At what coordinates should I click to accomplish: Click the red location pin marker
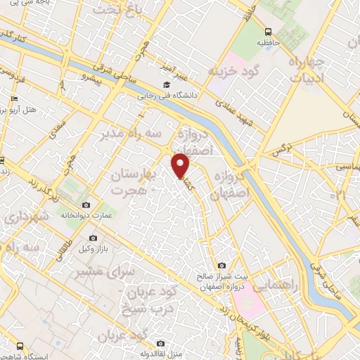181,166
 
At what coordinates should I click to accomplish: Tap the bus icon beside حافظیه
268,32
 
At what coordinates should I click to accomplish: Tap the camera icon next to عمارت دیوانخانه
86,205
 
